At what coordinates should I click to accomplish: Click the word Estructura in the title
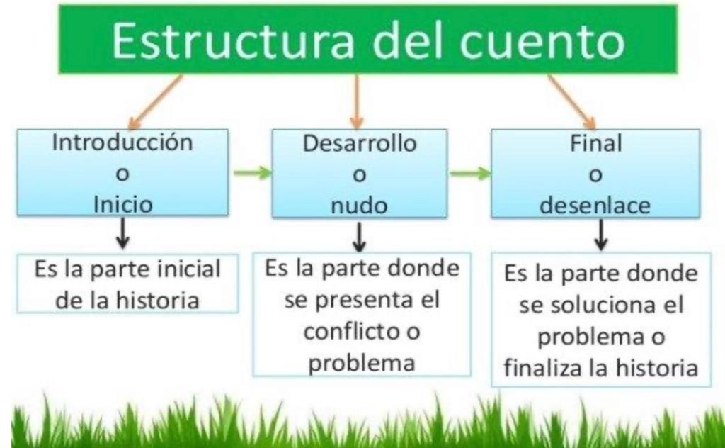(x=233, y=40)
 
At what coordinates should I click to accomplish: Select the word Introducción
(x=122, y=142)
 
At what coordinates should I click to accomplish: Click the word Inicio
(x=123, y=205)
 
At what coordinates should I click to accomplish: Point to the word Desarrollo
(x=360, y=143)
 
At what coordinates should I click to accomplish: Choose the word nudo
(x=359, y=206)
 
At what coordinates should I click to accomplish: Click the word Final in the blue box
(x=595, y=143)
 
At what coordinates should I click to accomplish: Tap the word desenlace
(x=595, y=205)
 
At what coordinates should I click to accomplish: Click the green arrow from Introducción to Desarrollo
(x=253, y=173)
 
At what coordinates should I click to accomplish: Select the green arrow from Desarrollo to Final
(x=470, y=174)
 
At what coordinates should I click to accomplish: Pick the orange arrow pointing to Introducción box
(x=154, y=103)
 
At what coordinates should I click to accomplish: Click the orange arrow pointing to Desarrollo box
(x=356, y=102)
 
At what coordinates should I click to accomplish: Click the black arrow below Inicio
(x=122, y=233)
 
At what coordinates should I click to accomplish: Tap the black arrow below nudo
(x=359, y=237)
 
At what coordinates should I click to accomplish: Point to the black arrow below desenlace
(x=600, y=235)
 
